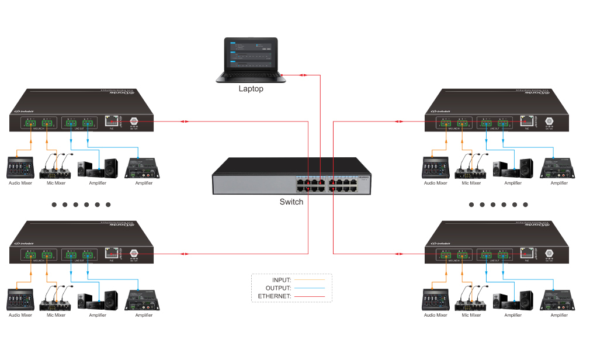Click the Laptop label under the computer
coord(251,89)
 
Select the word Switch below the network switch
coord(291,202)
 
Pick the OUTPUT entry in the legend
coord(278,288)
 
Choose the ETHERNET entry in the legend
coord(274,296)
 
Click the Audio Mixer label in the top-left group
coord(20,183)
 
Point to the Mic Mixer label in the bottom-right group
coord(471,315)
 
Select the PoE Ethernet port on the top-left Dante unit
coord(110,121)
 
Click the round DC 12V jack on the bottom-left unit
coord(133,252)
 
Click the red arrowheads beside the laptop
coord(304,75)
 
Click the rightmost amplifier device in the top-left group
coord(139,168)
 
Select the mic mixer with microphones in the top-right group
coord(471,167)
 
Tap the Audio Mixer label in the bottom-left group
coord(20,315)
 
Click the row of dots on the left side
coord(81,205)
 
